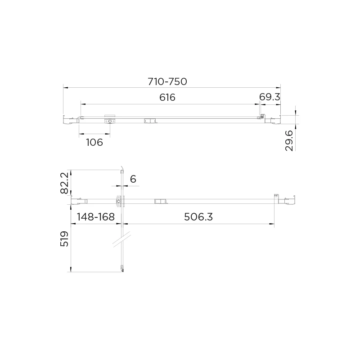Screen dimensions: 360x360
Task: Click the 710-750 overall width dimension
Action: pos(167,81)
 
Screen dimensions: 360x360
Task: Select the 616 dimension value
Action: pos(167,97)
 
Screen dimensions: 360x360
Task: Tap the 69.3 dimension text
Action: pos(270,97)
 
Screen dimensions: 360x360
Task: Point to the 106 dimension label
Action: pos(94,143)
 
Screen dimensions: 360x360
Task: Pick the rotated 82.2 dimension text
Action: pos(65,183)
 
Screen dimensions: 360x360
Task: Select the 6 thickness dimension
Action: pos(133,179)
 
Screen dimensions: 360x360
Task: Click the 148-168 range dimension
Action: pos(96,217)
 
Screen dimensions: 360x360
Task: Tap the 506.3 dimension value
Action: pos(198,217)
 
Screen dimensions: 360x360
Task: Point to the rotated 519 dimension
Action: pos(65,239)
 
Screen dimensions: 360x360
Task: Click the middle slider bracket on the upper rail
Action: pos(149,121)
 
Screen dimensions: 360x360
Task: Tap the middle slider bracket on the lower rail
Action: pos(160,202)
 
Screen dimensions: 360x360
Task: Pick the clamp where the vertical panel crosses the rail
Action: pos(120,201)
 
